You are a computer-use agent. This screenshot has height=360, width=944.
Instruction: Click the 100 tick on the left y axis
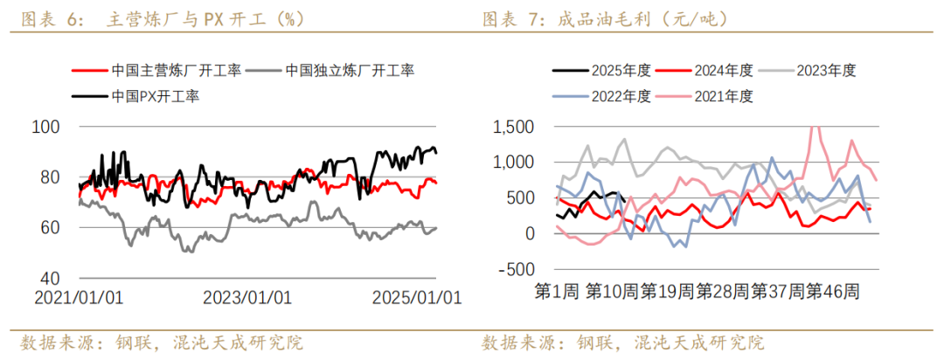(45, 128)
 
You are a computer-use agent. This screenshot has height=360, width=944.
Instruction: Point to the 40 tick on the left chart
(50, 278)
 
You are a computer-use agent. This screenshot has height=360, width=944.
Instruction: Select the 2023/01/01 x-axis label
(247, 297)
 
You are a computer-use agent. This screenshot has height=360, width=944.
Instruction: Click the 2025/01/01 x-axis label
(416, 297)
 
